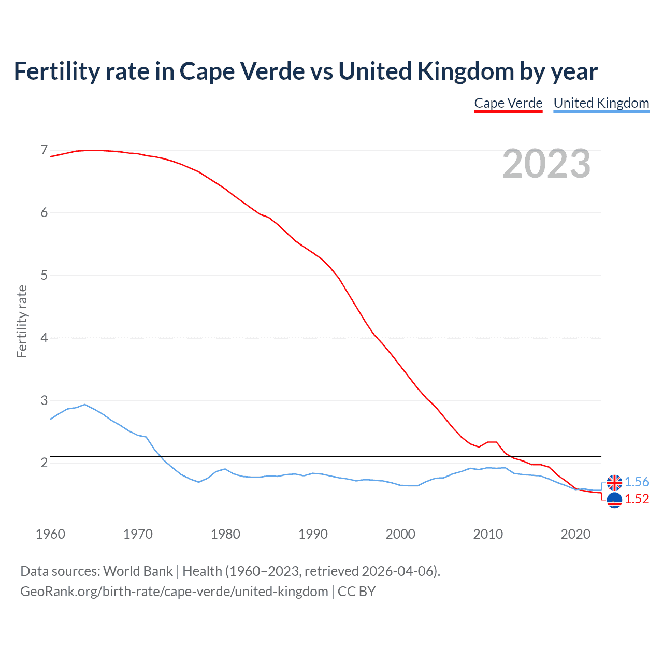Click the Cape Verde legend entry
508,103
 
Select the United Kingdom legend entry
601,103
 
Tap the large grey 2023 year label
546,164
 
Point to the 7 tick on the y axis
44,150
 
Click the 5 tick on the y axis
44,275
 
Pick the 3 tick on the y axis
44,400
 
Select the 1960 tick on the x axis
50,534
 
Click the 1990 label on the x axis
313,534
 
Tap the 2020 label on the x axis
575,534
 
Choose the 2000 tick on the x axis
400,534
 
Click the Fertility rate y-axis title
22,321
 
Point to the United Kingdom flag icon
614,482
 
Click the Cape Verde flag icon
614,500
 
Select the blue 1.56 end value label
637,482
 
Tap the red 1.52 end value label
637,499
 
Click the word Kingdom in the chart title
466,71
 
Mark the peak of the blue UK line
85,405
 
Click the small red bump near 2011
492,442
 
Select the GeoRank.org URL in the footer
174,591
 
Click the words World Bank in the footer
138,571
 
